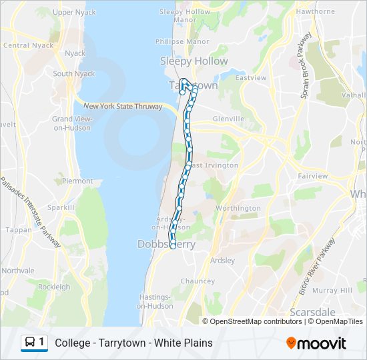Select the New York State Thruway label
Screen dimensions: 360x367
pos(123,106)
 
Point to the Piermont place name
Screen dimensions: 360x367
pos(77,181)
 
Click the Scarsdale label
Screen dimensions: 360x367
pos(312,311)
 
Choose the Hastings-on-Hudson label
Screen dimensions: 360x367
pos(154,301)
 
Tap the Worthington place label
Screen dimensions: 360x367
pos(238,208)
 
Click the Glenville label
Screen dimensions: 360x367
pos(228,119)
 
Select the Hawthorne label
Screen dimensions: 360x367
pos(316,11)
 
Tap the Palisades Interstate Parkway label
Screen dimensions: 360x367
pos(29,212)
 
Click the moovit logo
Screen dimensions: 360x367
pos(316,343)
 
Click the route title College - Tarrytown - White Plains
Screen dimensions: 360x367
pos(134,343)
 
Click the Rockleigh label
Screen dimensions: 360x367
pos(54,287)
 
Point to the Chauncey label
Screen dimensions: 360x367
pos(197,281)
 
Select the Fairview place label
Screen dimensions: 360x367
pos(313,176)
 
